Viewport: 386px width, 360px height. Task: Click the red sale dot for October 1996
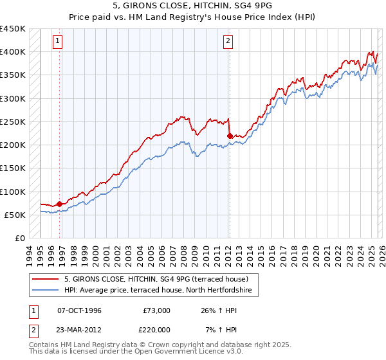point(60,204)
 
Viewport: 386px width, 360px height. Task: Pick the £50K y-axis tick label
point(15,215)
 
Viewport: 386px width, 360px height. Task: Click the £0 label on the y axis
point(20,238)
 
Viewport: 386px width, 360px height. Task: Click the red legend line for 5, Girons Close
point(46,279)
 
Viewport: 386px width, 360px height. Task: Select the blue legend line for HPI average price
point(46,291)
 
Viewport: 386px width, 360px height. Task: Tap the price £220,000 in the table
point(156,328)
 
